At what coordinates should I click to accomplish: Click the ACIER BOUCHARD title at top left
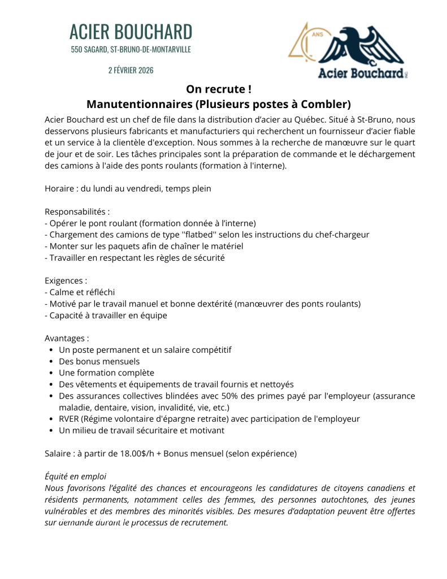point(131,32)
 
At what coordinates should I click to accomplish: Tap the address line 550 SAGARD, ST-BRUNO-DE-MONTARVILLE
point(131,50)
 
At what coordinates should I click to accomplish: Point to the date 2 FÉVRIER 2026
point(131,70)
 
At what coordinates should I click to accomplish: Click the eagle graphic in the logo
point(362,46)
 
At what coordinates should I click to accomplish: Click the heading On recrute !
point(218,89)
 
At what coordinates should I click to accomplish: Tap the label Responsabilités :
point(77,211)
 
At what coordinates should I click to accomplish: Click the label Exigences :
point(66,280)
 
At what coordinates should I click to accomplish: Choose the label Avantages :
point(67,338)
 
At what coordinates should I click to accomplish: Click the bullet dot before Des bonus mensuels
point(51,361)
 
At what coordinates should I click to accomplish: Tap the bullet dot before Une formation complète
point(51,373)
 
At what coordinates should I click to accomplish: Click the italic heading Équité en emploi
point(75,477)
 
